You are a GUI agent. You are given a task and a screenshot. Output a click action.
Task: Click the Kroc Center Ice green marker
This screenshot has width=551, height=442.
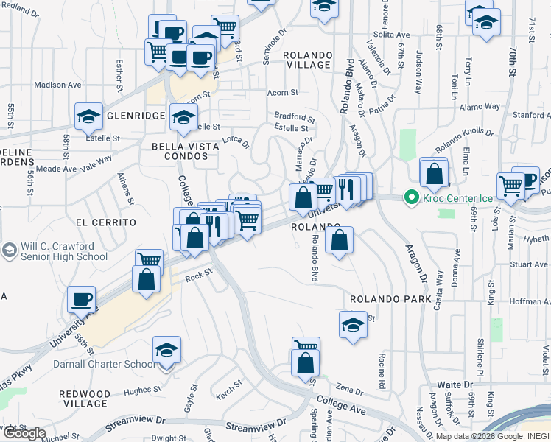point(409,198)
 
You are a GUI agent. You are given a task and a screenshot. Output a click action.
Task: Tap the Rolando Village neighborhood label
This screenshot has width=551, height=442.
point(309,60)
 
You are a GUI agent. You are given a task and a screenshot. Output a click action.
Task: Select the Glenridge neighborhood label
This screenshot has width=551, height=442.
point(134,116)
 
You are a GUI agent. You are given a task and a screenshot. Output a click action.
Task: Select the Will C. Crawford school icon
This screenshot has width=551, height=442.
point(10,250)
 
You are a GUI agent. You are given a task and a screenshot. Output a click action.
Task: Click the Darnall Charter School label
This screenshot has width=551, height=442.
point(103,364)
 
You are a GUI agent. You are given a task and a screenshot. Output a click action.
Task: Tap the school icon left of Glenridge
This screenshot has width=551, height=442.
point(88,116)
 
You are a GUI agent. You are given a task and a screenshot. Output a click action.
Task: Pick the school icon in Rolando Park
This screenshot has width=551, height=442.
point(353,324)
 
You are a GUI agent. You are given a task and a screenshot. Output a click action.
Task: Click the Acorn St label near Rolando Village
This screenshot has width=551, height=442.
point(282,93)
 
